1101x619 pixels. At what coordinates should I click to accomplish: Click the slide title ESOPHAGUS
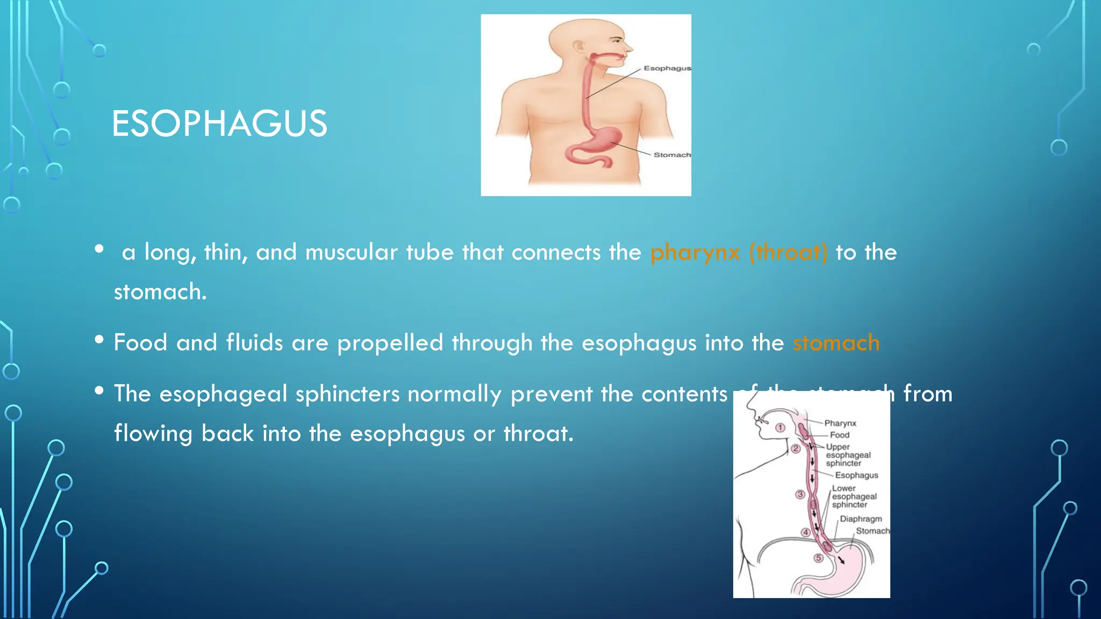tap(219, 124)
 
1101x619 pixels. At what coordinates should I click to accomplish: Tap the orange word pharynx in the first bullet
tap(695, 253)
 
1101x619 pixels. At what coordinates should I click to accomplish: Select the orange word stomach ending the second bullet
tap(836, 343)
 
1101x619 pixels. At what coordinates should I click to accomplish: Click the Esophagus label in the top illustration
tap(667, 68)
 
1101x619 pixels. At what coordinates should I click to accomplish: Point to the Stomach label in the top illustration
tap(671, 155)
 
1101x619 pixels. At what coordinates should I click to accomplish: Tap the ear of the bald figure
tap(578, 47)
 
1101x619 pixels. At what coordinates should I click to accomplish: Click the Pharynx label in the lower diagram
tap(840, 423)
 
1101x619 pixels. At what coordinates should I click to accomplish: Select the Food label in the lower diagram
tap(839, 435)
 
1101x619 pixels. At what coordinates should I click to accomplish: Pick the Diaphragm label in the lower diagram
tap(861, 519)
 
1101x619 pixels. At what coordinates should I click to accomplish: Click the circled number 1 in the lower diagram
tap(780, 428)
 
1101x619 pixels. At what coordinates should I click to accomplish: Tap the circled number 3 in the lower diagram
tap(800, 494)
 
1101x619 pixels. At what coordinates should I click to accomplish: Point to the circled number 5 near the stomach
tap(818, 558)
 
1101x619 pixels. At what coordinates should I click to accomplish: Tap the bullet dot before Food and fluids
tap(99, 340)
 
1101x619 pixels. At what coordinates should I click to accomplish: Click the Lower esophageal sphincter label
tap(853, 496)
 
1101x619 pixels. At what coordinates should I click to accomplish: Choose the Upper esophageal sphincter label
tap(848, 455)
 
